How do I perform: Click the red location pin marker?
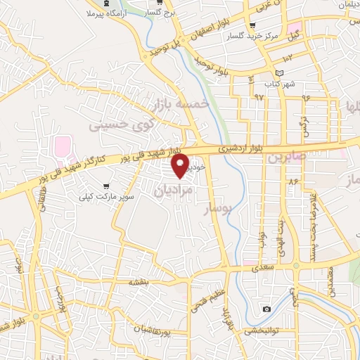point(181,167)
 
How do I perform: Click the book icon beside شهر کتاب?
point(280,73)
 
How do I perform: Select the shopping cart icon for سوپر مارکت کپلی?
point(105,186)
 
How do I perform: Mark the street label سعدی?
point(255,268)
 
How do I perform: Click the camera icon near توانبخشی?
point(266,309)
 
